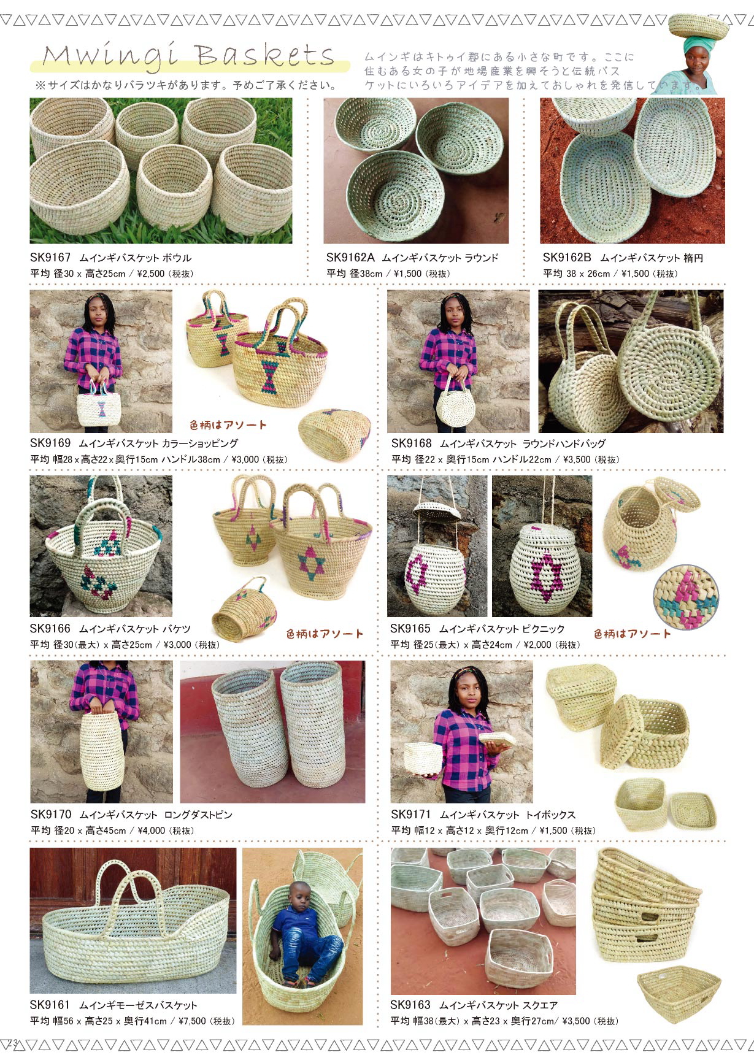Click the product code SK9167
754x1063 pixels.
click(x=50, y=258)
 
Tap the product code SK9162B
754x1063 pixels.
click(x=567, y=258)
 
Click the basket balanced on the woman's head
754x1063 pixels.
click(x=698, y=25)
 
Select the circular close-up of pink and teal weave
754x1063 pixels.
click(x=686, y=597)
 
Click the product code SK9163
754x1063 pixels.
click(x=410, y=1005)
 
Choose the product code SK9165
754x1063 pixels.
click(x=410, y=629)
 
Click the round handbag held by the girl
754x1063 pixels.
click(x=455, y=405)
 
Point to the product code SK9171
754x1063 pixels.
click(x=411, y=815)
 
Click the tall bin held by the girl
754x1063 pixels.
click(x=102, y=751)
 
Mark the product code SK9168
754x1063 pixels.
click(x=411, y=443)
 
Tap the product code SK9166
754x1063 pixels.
click(x=50, y=629)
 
